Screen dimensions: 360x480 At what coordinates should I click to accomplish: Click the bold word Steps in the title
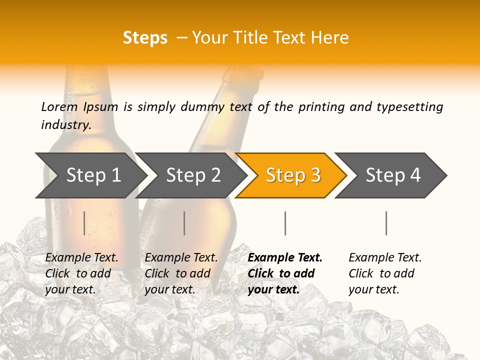[x=145, y=38]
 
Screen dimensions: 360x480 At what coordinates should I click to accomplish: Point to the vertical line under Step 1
[x=84, y=223]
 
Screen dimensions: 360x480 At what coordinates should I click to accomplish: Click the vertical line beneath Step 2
[x=184, y=223]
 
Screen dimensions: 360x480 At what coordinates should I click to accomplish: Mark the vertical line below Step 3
[x=285, y=223]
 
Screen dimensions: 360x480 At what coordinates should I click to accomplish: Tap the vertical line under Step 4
[x=386, y=223]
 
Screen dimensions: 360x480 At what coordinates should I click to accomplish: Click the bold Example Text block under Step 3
[x=284, y=273]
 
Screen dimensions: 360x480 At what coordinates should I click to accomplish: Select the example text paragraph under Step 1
[x=81, y=273]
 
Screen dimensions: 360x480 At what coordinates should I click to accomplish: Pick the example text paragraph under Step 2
[x=180, y=273]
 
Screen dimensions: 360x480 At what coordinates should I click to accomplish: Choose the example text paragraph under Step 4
[x=384, y=273]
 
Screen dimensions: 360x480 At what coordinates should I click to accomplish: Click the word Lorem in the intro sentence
[x=59, y=107]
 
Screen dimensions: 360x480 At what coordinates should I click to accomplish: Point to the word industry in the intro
[x=65, y=125]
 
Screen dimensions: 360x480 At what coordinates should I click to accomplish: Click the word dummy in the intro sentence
[x=200, y=107]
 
